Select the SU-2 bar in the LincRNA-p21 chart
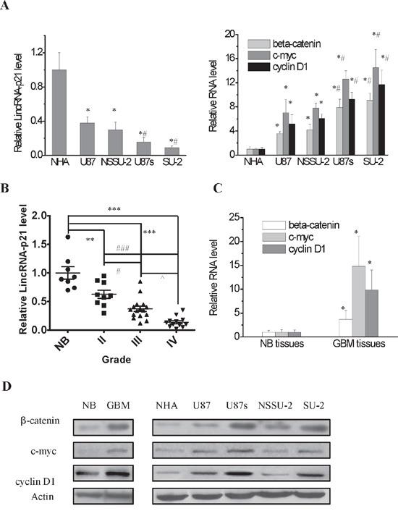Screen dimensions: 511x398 tap(172, 151)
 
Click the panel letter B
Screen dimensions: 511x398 tap(9, 193)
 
